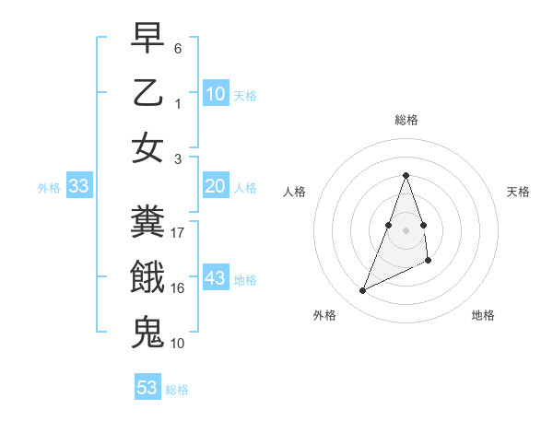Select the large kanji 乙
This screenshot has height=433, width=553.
click(148, 93)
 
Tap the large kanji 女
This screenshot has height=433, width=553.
click(148, 147)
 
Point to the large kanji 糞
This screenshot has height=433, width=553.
click(148, 220)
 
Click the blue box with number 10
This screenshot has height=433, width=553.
click(216, 93)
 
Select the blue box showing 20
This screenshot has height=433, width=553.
click(216, 187)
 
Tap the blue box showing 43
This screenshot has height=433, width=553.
click(216, 279)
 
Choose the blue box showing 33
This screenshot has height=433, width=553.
click(79, 187)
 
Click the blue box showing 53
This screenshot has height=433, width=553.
click(147, 388)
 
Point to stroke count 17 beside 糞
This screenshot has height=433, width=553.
click(178, 233)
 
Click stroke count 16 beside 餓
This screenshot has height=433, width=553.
click(178, 288)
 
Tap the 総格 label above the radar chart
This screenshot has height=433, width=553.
click(406, 120)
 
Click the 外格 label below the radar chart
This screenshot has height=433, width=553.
click(324, 315)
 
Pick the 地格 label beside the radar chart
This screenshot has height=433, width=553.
click(483, 315)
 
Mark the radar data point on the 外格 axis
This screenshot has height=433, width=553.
click(362, 291)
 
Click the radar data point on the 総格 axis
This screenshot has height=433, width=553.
click(406, 175)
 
